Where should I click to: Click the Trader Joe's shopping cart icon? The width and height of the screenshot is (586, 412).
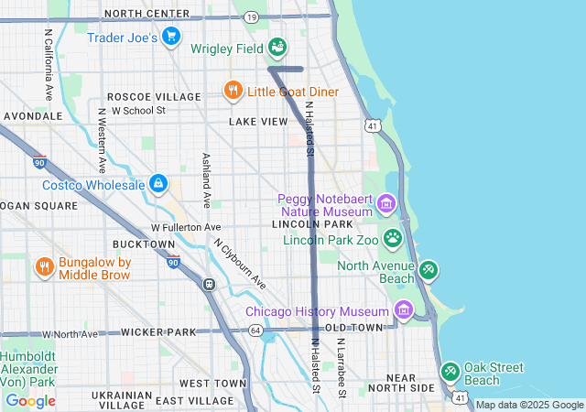click(x=170, y=37)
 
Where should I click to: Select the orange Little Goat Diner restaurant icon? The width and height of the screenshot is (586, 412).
click(x=233, y=91)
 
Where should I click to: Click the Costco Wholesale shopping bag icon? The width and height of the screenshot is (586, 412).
click(x=159, y=184)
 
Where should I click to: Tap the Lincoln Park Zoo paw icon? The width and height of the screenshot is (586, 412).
click(x=393, y=239)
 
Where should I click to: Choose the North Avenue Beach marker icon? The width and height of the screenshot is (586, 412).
click(x=428, y=270)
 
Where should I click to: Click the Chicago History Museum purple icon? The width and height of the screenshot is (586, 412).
click(x=404, y=309)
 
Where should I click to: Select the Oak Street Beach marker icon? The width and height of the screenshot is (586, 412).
click(x=450, y=373)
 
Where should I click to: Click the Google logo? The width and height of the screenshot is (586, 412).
click(x=30, y=400)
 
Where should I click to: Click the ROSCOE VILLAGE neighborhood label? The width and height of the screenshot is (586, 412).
click(x=154, y=96)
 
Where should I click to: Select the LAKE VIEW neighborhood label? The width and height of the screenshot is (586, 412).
click(x=258, y=121)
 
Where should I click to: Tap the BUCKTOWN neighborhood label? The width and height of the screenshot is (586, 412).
click(x=143, y=244)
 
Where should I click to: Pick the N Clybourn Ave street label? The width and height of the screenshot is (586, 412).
click(x=240, y=265)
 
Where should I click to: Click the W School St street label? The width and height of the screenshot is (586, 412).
click(x=138, y=110)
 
